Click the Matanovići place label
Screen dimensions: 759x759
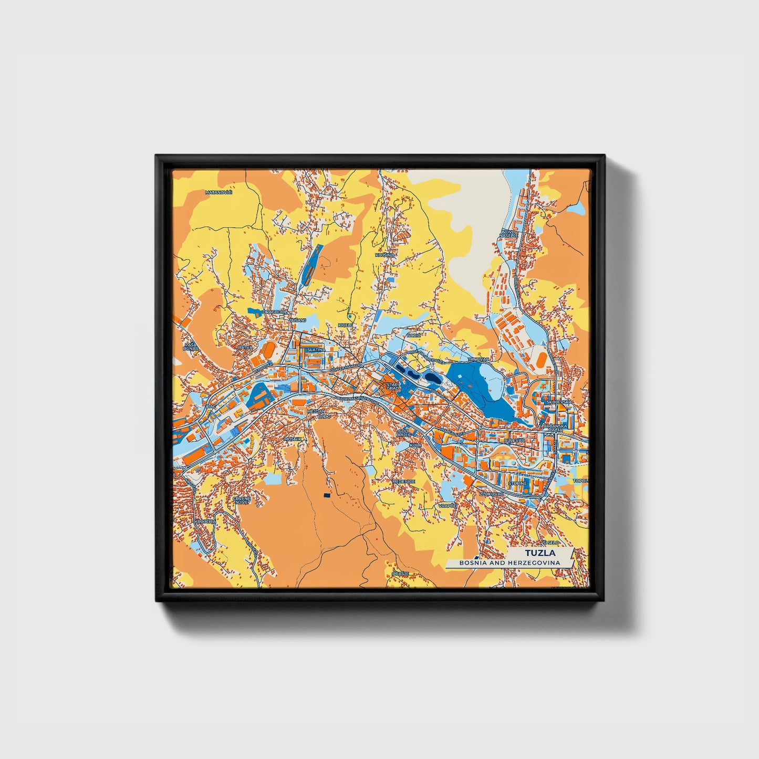click(219, 193)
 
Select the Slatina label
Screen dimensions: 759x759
click(316, 349)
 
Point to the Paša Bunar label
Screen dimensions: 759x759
click(190, 346)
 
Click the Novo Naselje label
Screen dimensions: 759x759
click(510, 233)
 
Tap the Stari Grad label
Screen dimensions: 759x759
click(393, 387)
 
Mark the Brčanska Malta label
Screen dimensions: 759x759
click(553, 428)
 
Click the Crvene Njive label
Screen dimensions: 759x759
click(242, 500)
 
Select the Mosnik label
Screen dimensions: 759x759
click(292, 439)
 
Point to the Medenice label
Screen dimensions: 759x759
click(404, 481)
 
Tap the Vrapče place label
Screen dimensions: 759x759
click(446, 505)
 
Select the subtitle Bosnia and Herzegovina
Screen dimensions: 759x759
click(509, 563)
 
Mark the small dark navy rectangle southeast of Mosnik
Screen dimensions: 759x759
click(327, 495)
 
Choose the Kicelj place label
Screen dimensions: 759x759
click(345, 325)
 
